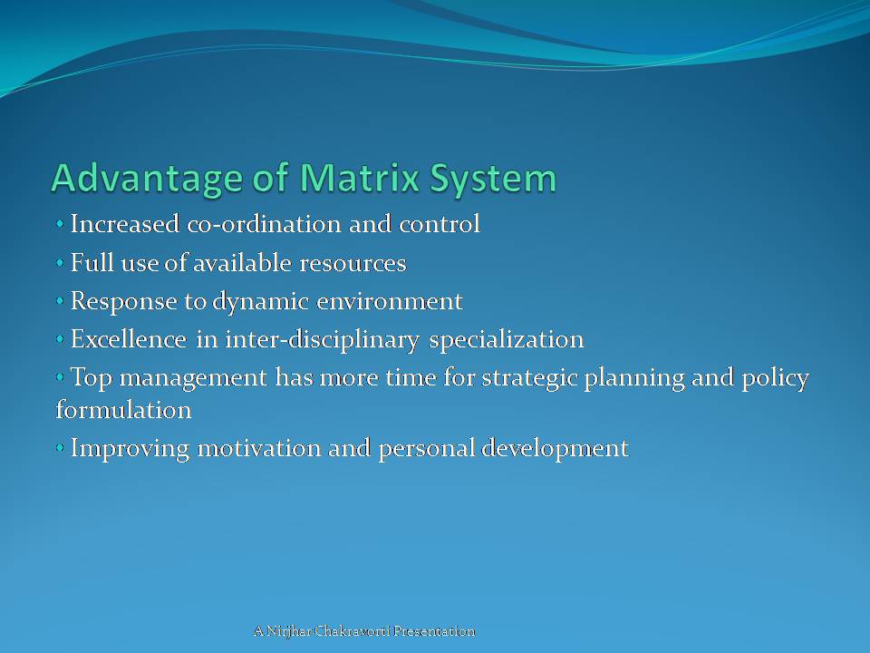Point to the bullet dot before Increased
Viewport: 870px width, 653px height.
click(60, 225)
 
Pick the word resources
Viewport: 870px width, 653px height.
click(354, 264)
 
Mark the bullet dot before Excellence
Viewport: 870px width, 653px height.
click(60, 340)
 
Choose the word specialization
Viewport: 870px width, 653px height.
click(507, 340)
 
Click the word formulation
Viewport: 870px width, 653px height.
click(123, 410)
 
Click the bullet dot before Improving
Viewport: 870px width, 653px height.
click(60, 448)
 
